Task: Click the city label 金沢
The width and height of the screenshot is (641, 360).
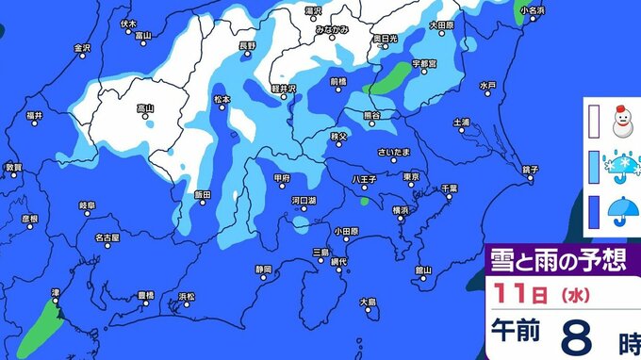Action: pyautogui.click(x=82, y=46)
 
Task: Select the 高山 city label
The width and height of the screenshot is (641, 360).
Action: pyautogui.click(x=145, y=106)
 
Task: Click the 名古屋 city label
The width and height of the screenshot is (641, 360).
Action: pyautogui.click(x=108, y=237)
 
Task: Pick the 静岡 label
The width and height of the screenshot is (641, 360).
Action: pyautogui.click(x=263, y=268)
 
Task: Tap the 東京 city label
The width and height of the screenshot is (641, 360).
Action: pyautogui.click(x=410, y=176)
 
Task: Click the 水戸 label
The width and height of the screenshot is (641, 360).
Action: pyautogui.click(x=486, y=86)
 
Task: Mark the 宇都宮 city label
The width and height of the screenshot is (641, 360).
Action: pyautogui.click(x=425, y=64)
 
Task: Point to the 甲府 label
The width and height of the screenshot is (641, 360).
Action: pyautogui.click(x=280, y=176)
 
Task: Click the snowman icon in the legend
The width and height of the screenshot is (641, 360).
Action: pyautogui.click(x=620, y=121)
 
